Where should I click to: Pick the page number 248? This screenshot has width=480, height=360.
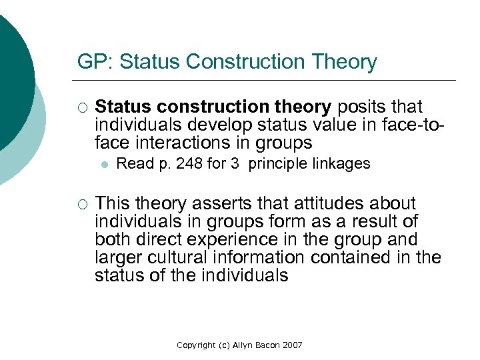pyautogui.click(x=190, y=164)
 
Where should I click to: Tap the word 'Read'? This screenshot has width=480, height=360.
pyautogui.click(x=135, y=164)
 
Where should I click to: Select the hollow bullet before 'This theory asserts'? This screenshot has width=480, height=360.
pyautogui.click(x=82, y=204)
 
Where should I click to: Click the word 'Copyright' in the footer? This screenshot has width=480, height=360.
pyautogui.click(x=196, y=345)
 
